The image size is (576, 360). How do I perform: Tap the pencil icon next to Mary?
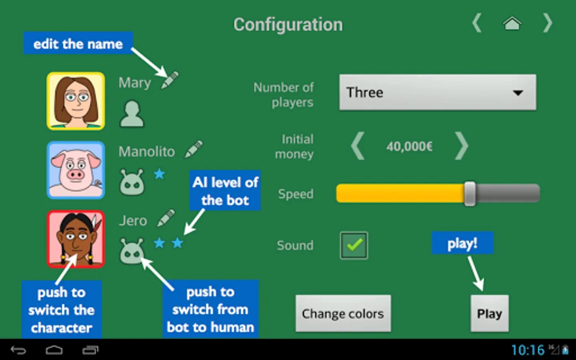[x=170, y=80]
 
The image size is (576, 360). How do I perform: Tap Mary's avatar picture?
[x=76, y=101]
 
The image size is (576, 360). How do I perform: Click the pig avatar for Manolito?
[x=76, y=170]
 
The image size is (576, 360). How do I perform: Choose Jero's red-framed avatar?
[x=76, y=239]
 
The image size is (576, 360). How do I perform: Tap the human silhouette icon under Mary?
[x=132, y=114]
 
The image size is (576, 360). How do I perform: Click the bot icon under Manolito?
[x=132, y=182]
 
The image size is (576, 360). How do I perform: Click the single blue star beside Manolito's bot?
[x=159, y=174]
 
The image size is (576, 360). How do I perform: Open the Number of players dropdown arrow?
[x=518, y=93]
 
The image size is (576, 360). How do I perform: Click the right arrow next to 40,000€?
[x=461, y=146]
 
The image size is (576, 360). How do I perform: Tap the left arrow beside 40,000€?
[x=358, y=146]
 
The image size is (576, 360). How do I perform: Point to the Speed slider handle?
[x=470, y=194]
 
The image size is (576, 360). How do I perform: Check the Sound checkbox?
[x=354, y=245]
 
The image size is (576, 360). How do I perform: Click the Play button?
[x=489, y=314]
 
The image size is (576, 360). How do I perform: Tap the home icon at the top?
[x=512, y=24]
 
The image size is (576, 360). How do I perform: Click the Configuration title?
[x=288, y=25]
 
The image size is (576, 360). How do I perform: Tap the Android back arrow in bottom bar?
[x=18, y=350]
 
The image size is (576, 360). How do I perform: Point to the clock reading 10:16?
[x=528, y=350]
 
